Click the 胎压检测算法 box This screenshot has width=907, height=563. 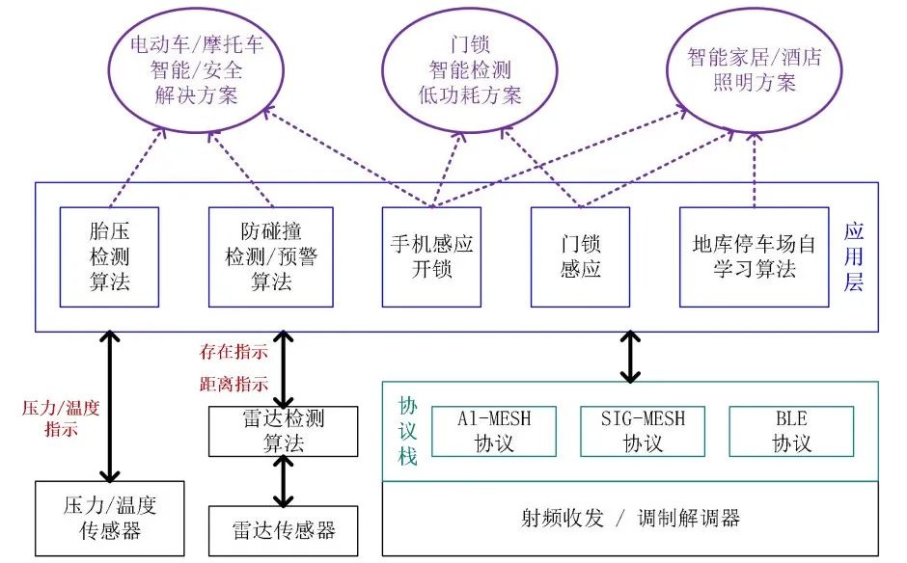[x=108, y=256]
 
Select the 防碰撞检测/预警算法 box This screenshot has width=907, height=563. [x=271, y=256]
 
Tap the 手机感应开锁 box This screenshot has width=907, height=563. [x=430, y=256]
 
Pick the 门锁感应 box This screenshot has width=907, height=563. [x=580, y=256]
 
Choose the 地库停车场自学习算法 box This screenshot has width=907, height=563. [x=753, y=256]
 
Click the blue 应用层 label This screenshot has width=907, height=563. [x=854, y=257]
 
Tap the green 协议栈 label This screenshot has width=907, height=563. [x=408, y=431]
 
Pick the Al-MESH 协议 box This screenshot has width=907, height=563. [x=494, y=431]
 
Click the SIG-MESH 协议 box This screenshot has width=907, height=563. [x=643, y=431]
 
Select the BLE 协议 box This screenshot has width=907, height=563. [x=790, y=431]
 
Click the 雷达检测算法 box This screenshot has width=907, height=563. [x=283, y=431]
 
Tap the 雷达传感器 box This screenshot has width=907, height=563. [x=283, y=530]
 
